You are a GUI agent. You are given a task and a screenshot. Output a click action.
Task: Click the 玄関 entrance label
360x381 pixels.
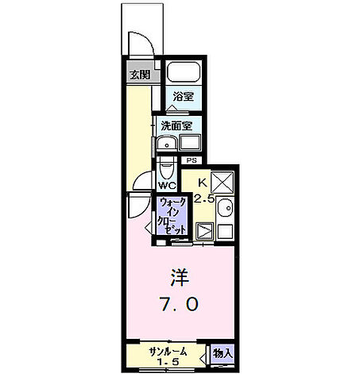click(140, 75)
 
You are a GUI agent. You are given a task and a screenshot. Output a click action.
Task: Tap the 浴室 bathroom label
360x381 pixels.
click(184, 96)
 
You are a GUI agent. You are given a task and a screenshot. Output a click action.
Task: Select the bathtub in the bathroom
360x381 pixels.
click(184, 72)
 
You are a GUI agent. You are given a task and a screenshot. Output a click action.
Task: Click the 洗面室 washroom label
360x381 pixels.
click(176, 126)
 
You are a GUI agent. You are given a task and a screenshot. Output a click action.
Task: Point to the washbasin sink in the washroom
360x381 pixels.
click(167, 144)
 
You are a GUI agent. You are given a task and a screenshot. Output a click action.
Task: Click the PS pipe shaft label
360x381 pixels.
click(192, 160)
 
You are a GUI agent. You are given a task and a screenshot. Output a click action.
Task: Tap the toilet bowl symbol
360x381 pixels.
click(166, 168)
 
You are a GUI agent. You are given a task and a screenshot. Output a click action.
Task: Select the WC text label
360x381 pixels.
click(167, 186)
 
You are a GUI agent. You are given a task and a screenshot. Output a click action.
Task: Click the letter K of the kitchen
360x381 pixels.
click(202, 182)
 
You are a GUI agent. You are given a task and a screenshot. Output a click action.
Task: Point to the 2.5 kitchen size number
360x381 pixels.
click(203, 198)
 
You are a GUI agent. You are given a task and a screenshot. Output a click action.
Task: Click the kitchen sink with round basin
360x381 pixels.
click(225, 207)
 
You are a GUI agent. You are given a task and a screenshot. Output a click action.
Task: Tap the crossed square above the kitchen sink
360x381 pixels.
click(223, 182)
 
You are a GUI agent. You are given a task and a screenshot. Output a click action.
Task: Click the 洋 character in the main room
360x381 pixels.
click(180, 278)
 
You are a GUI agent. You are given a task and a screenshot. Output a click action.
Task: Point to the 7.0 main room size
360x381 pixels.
click(179, 304)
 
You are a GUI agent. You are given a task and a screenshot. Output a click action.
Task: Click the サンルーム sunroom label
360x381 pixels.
click(168, 352)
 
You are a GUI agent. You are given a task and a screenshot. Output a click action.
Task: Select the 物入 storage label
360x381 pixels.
click(223, 353)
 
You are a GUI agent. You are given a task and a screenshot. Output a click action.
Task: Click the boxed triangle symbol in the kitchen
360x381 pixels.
click(204, 231)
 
